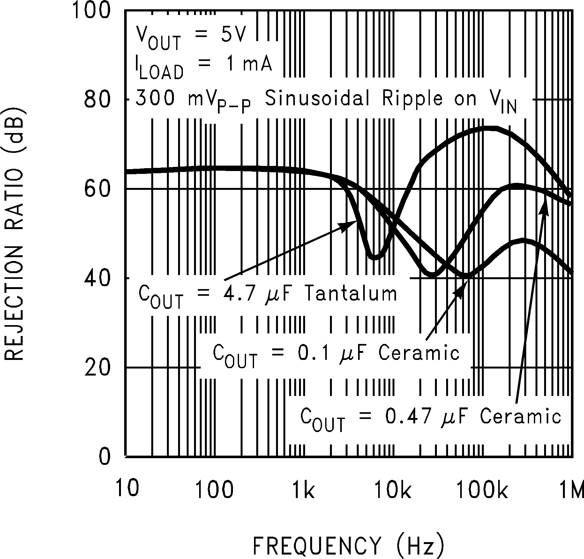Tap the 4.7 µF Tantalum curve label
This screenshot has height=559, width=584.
click(x=267, y=295)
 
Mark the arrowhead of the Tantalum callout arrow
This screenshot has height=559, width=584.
click(x=351, y=223)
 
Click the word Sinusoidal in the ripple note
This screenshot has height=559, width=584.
click(x=317, y=99)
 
